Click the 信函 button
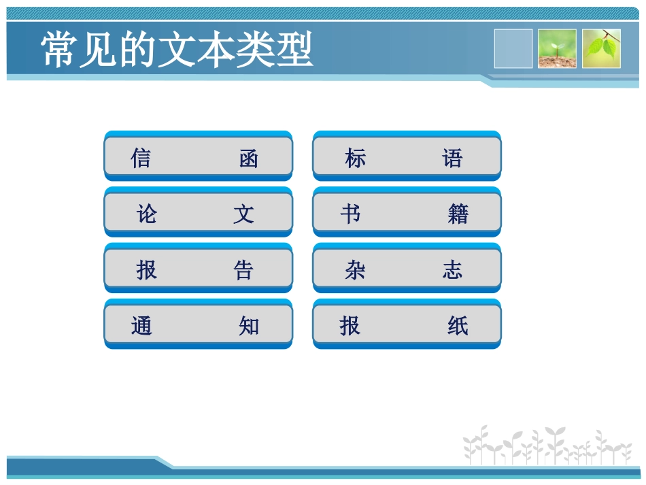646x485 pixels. pos(198,158)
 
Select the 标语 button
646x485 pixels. pos(407,158)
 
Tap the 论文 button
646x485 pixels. pos(198,214)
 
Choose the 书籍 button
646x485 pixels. pos(407,214)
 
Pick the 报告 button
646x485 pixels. pos(198,270)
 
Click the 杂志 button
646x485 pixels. pos(407,270)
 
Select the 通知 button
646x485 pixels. pos(198,326)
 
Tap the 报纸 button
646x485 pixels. pos(407,326)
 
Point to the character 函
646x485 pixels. pos(249,159)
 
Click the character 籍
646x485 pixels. pos(458,215)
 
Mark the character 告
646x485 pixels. pos(243,271)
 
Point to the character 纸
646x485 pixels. pos(458,327)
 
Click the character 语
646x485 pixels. pos(453,159)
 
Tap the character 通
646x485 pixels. pos(141,327)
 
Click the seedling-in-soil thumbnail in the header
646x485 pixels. pos(557,48)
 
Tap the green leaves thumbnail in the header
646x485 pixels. pos(601,48)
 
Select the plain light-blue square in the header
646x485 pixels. pos(513,48)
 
